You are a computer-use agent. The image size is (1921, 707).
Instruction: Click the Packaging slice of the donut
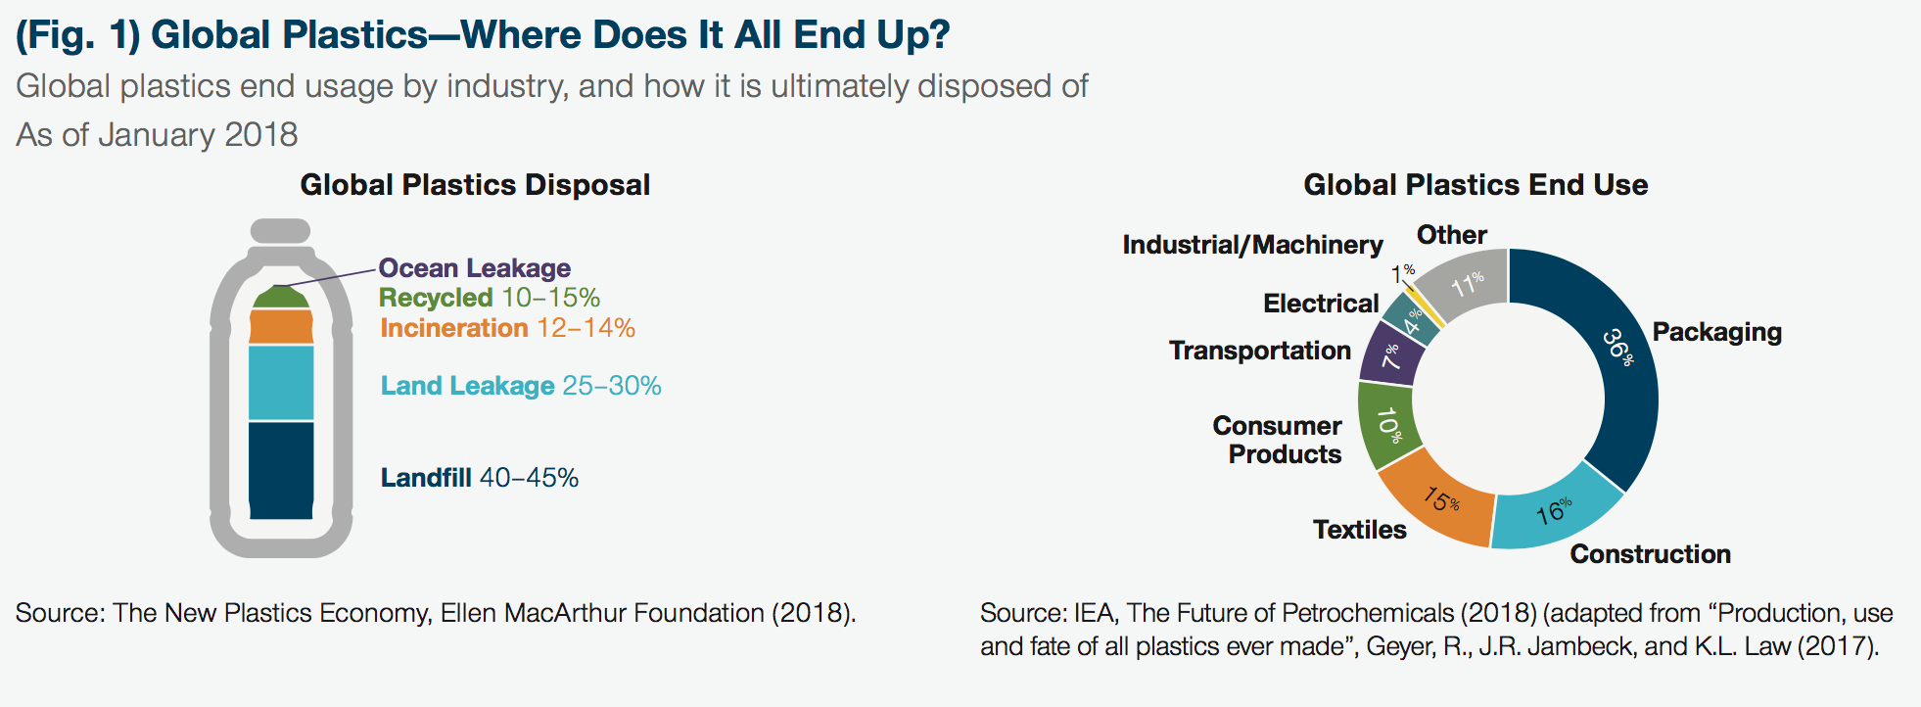(1620, 362)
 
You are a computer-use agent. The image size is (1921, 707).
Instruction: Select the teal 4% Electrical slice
(1411, 319)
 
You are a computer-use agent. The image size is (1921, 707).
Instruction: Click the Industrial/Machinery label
(1252, 245)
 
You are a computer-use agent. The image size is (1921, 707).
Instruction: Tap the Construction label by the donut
(1650, 554)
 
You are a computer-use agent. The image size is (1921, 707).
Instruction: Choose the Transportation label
(1259, 351)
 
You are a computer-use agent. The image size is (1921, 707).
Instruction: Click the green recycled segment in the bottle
(281, 298)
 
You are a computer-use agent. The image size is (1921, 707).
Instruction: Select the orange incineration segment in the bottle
(281, 326)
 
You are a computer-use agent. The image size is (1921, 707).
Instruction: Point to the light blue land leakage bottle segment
(281, 383)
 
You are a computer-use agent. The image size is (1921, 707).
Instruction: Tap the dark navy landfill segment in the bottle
(281, 470)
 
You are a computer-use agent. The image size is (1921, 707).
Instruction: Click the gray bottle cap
(281, 231)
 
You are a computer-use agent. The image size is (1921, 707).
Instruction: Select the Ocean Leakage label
(474, 268)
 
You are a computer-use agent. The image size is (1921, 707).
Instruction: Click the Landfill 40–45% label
(479, 478)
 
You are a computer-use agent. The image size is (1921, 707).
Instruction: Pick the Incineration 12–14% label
(507, 328)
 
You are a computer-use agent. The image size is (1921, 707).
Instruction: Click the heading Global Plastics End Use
(1475, 185)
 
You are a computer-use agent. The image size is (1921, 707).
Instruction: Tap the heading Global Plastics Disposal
(475, 185)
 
